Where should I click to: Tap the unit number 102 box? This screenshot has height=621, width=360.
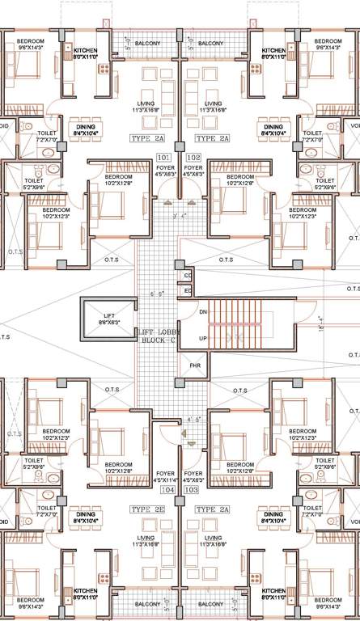193,157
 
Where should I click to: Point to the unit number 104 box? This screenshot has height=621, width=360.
167,490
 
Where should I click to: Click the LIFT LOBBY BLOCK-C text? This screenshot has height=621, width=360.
157,337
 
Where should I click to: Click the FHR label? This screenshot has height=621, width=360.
195,366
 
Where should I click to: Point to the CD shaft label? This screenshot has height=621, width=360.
188,276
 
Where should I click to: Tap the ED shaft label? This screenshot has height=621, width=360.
188,290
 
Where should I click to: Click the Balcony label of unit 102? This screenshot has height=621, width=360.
210,43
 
